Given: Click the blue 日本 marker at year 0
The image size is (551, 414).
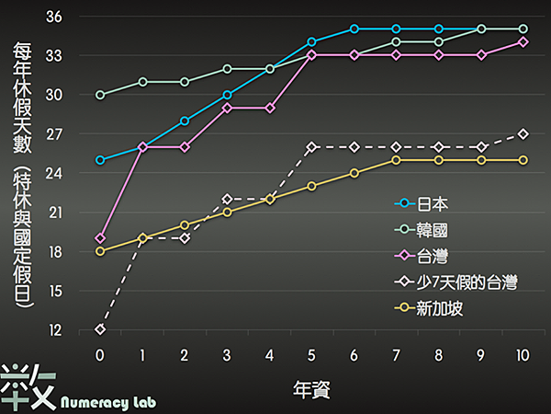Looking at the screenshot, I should (100, 160).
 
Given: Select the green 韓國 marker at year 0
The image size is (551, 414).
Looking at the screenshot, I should (100, 95).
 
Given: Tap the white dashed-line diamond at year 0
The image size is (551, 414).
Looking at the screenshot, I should (100, 329).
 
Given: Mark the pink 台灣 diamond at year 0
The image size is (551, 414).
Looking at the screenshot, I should (100, 238).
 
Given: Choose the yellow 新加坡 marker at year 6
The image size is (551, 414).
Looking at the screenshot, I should (354, 173).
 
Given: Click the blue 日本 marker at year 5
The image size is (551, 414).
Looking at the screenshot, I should (312, 42).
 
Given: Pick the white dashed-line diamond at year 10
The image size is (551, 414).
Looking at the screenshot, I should (523, 133).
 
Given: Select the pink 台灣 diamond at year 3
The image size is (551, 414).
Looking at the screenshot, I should (228, 108).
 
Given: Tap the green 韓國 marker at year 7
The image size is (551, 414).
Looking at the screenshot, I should (397, 42).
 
